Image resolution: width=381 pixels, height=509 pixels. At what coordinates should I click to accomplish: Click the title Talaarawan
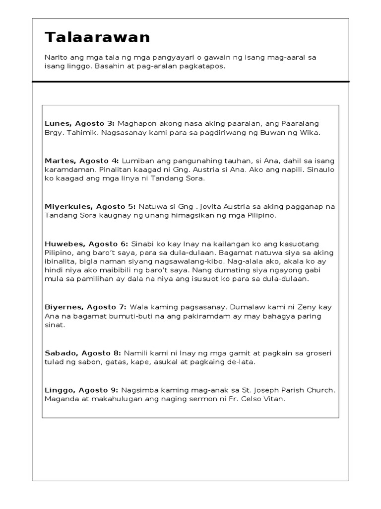click(97, 38)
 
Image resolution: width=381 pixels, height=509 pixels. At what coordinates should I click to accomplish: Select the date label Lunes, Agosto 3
click(79, 123)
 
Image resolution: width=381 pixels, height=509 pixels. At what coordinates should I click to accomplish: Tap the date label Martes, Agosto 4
click(82, 161)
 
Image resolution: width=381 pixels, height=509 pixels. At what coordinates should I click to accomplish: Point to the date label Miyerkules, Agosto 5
click(90, 206)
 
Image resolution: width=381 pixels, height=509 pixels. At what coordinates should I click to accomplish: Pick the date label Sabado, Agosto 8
click(82, 353)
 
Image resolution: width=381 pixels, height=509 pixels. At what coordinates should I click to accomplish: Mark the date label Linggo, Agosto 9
click(81, 391)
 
